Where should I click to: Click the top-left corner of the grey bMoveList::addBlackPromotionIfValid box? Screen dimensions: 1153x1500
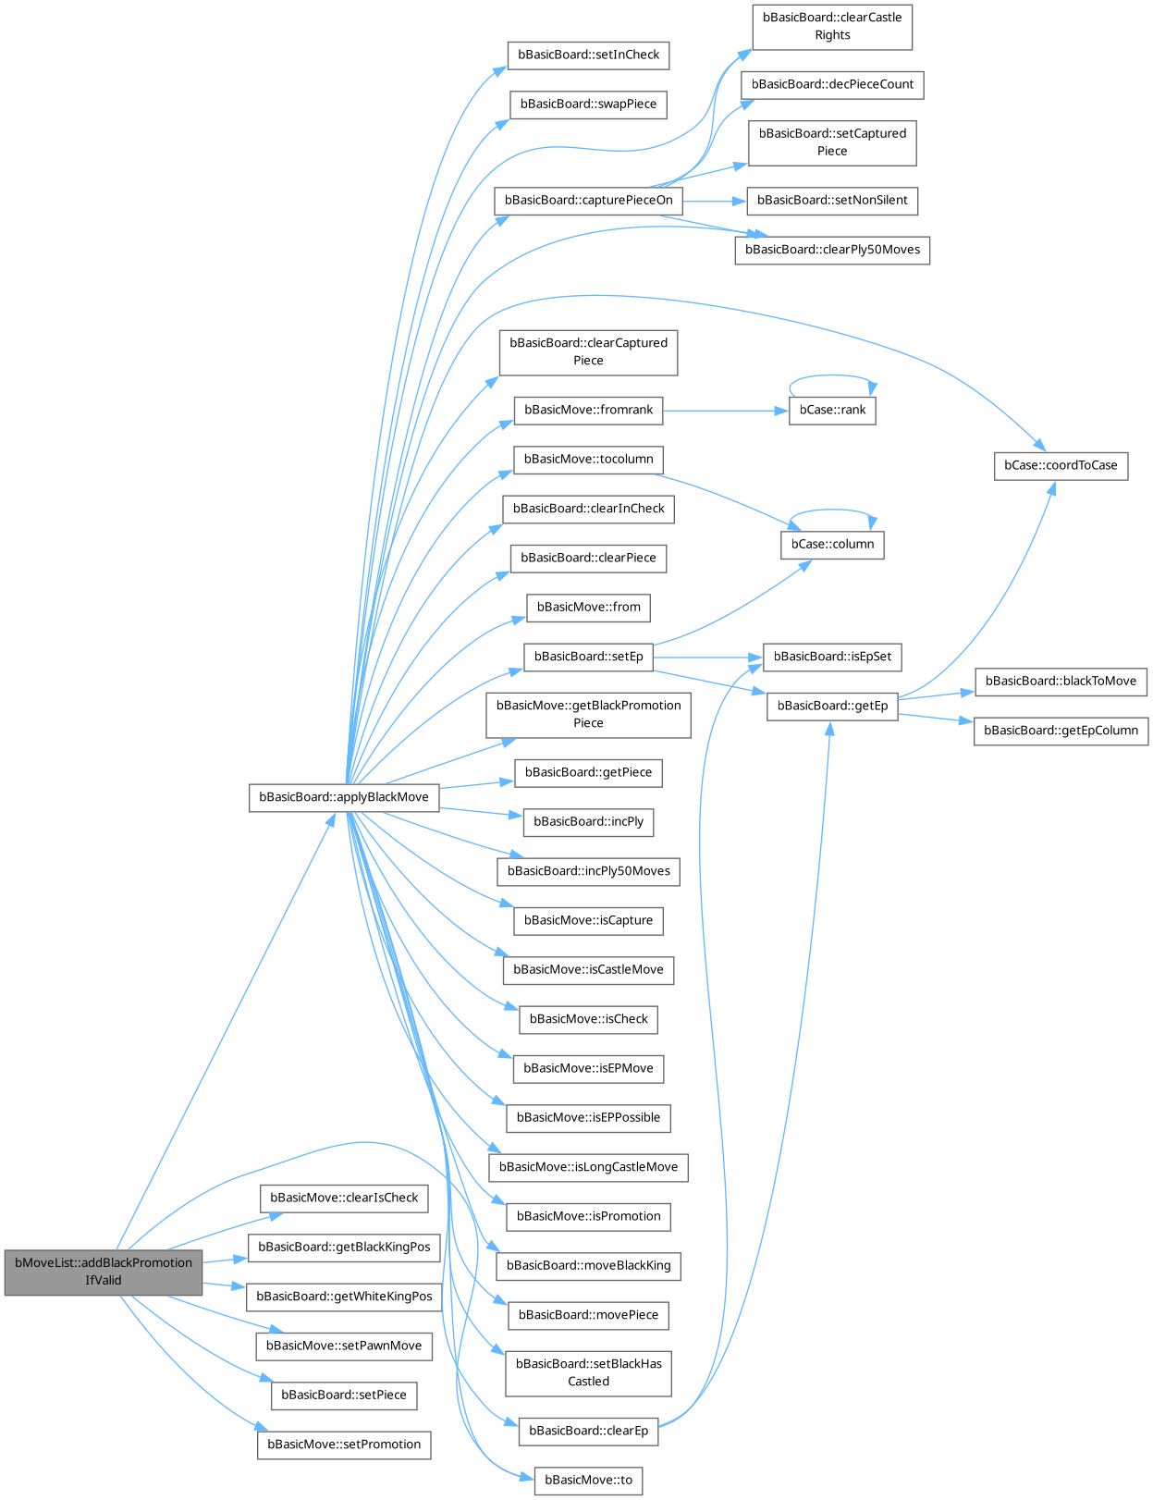pos(5,1250)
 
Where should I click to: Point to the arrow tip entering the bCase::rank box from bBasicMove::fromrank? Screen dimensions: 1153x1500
pos(789,411)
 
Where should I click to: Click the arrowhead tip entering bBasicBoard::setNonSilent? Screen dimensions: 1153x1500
pos(746,202)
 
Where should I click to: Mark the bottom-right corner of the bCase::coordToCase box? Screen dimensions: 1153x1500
pos(1128,480)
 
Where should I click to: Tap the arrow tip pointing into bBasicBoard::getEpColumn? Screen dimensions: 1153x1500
pos(974,722)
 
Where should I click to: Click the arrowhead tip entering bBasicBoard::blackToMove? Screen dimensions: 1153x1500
pos(975,691)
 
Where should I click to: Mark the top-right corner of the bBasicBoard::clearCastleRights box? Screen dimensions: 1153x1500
pos(913,5)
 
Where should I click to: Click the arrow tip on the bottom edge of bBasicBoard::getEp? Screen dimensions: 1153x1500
pos(830,721)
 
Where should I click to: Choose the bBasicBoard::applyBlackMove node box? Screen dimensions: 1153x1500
pos(344,797)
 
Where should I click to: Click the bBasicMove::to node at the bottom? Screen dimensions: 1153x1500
pos(588,1481)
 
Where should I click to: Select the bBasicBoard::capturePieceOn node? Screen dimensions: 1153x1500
pos(588,201)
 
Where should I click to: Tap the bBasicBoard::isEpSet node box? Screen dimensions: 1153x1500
pos(831,658)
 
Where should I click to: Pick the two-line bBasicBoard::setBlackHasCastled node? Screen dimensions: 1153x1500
pos(588,1373)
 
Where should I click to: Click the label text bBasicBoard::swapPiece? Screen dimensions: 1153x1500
pos(588,105)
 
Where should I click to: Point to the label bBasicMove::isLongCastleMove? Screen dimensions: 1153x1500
pos(588,1167)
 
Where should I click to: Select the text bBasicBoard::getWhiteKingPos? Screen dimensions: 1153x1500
pos(344,1297)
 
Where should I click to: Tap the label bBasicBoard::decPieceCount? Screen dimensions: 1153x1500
pos(832,84)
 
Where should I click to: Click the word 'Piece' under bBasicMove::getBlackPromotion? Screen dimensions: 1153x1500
pos(588,723)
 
